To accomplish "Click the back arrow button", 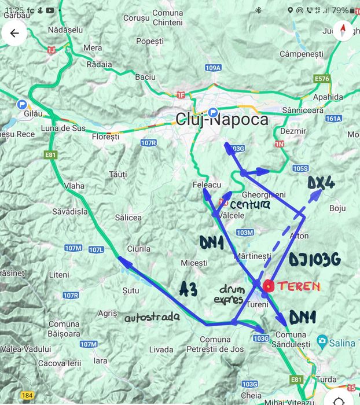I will [x=14, y=33].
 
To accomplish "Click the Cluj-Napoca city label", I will [x=222, y=120].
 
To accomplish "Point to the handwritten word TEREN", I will [x=299, y=286].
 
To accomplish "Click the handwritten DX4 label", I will [x=321, y=183].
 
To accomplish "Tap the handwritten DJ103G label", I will [x=315, y=260].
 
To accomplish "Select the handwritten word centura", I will [x=250, y=205].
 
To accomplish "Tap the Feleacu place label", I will [x=207, y=185].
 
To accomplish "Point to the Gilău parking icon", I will [x=23, y=104].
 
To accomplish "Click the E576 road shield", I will [x=321, y=78].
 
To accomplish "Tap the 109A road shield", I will [x=213, y=68].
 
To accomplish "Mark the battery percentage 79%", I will [x=340, y=10].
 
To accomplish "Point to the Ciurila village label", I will [x=139, y=249].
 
